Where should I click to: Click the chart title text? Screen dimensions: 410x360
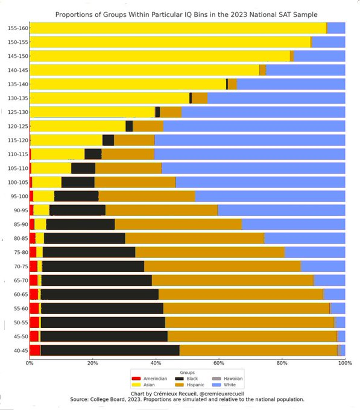click(x=186, y=13)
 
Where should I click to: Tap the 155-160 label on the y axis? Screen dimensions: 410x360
click(x=17, y=28)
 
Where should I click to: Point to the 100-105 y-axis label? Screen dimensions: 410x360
click(x=17, y=182)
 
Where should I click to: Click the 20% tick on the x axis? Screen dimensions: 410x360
click(x=92, y=363)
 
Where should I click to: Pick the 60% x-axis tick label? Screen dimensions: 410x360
click(x=218, y=363)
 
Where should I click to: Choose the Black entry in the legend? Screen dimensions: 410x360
click(x=180, y=379)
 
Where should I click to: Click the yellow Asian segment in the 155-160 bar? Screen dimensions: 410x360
click(x=175, y=28)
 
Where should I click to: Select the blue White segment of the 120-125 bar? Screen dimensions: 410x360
click(x=253, y=126)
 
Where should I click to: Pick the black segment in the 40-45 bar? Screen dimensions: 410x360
click(x=109, y=350)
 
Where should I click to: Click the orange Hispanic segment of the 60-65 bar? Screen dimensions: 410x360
click(x=241, y=294)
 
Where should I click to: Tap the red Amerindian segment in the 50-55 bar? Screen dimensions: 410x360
click(x=34, y=322)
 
